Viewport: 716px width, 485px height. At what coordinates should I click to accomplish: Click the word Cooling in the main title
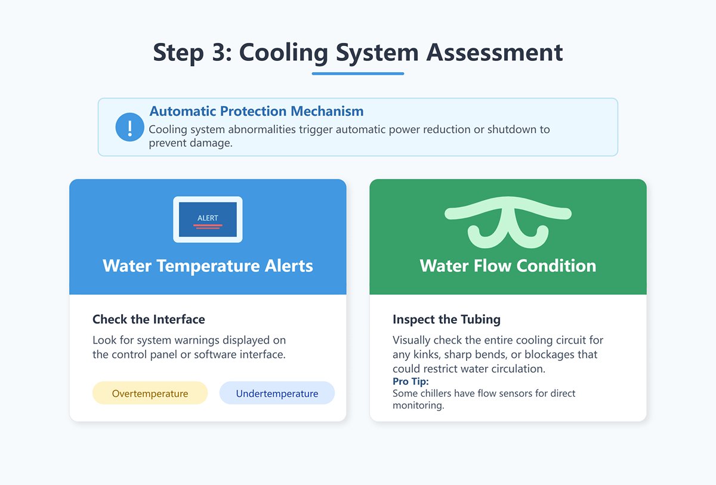(283, 52)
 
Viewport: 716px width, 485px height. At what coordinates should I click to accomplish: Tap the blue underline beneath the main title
(358, 73)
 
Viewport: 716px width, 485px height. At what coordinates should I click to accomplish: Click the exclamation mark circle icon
(129, 127)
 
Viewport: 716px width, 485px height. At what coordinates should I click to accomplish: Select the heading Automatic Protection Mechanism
(256, 111)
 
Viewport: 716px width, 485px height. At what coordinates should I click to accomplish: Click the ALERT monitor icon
(208, 219)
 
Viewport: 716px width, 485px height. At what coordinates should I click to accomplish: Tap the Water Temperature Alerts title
(208, 265)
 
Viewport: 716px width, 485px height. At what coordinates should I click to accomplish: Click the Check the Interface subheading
(149, 319)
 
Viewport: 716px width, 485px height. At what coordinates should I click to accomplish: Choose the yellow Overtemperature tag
(150, 393)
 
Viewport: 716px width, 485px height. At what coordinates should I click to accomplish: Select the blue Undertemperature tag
(277, 393)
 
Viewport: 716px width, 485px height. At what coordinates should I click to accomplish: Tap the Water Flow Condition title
(508, 265)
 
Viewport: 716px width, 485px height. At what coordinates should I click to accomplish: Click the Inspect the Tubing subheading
(446, 319)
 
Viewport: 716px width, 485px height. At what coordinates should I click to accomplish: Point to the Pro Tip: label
(411, 381)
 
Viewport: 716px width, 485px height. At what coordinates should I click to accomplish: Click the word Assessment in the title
(495, 52)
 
